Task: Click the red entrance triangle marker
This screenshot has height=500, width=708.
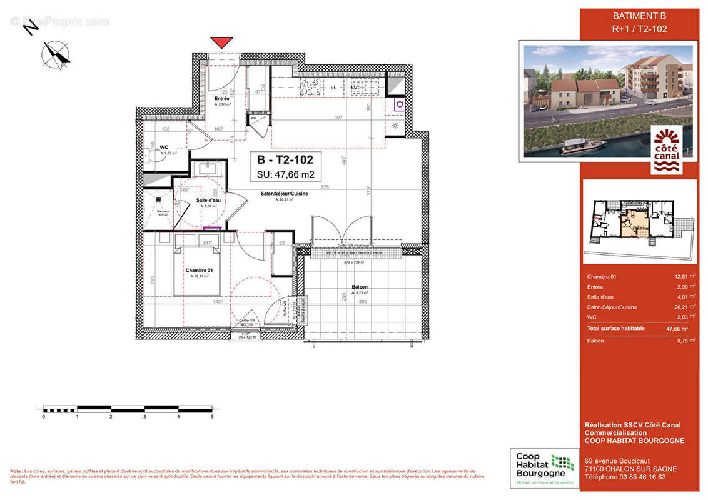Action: click(221, 42)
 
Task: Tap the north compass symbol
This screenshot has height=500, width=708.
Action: click(56, 54)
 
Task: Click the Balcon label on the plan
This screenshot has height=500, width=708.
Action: click(359, 287)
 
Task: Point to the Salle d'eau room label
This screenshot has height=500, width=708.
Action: click(206, 200)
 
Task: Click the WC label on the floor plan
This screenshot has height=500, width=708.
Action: click(165, 147)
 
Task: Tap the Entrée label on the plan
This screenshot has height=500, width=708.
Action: click(221, 99)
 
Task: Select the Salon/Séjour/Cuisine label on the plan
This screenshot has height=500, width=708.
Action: click(284, 194)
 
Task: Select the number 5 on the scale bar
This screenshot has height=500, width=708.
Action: click(212, 416)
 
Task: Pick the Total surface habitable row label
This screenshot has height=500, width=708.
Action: click(615, 328)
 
